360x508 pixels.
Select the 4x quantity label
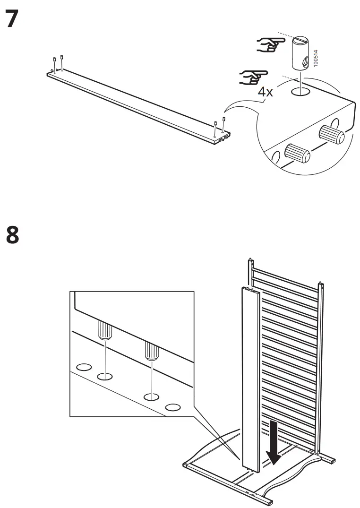click(266, 91)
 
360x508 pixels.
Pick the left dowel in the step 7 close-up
click(297, 153)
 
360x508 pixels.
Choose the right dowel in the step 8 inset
click(150, 352)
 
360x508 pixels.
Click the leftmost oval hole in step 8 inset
click(84, 367)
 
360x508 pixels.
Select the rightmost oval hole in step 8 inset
click(172, 406)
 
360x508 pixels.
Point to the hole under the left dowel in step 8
click(105, 376)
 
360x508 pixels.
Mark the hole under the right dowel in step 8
click(150, 396)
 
